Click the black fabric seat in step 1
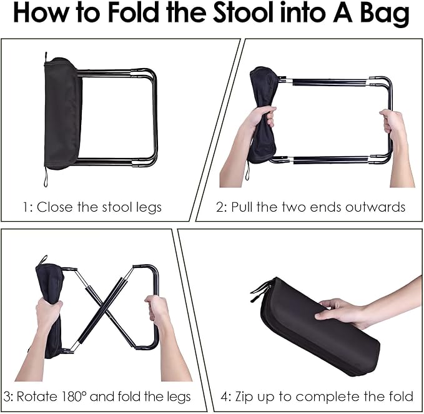[x=62, y=114]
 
